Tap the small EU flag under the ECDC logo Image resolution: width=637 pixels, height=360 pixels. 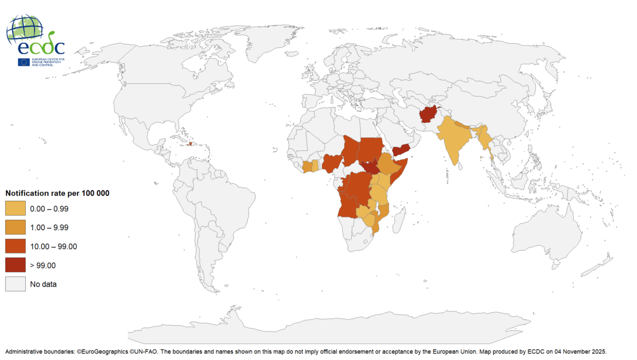(24, 62)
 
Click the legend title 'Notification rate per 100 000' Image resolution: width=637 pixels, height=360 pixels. (57, 193)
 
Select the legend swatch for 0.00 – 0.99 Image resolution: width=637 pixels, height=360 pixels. (15, 209)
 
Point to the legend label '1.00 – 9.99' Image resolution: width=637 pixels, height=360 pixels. (49, 228)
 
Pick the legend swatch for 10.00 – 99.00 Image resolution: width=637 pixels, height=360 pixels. (15, 246)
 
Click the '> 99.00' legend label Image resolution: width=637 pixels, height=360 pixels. (43, 266)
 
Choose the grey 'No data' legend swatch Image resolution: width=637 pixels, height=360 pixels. (15, 284)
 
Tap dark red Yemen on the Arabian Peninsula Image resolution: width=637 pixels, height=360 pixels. (403, 150)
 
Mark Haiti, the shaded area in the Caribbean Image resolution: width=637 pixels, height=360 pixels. (190, 144)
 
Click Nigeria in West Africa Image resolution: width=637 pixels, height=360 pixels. (332, 163)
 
